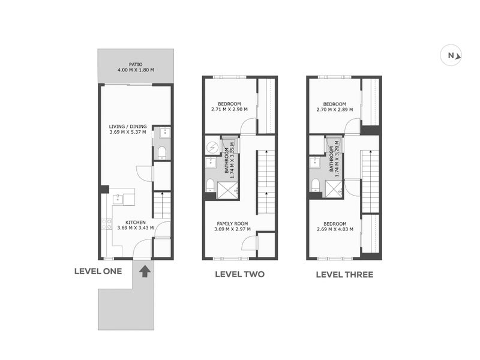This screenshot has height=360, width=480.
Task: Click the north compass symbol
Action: [x=451, y=55]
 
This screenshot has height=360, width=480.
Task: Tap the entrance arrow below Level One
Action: [x=145, y=271]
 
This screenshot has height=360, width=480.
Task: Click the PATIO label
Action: [x=136, y=65]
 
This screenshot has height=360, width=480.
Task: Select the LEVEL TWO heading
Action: [x=239, y=274]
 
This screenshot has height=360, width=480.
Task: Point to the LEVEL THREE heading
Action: [x=344, y=275]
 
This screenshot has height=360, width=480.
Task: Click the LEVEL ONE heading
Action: [x=98, y=271]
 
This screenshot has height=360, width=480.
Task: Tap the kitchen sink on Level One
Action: [x=118, y=199]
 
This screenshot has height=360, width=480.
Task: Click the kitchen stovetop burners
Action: [x=107, y=223]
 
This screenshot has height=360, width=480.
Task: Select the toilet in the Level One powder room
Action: [x=161, y=153]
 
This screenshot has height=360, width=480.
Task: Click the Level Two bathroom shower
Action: [x=227, y=190]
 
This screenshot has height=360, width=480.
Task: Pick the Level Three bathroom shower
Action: [x=334, y=189]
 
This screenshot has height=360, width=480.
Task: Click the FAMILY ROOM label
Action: [x=232, y=224]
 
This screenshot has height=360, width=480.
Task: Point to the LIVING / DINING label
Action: [x=128, y=127]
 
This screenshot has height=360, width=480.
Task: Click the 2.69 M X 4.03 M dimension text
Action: [x=335, y=229]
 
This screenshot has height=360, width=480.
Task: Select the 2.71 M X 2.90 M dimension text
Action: [x=230, y=109]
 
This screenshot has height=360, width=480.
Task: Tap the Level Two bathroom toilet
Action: [x=211, y=185]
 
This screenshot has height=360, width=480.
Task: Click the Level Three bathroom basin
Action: [x=315, y=163]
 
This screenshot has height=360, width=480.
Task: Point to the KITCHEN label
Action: [x=136, y=223]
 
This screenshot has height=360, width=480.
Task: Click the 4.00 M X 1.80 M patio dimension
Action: [x=136, y=70]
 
